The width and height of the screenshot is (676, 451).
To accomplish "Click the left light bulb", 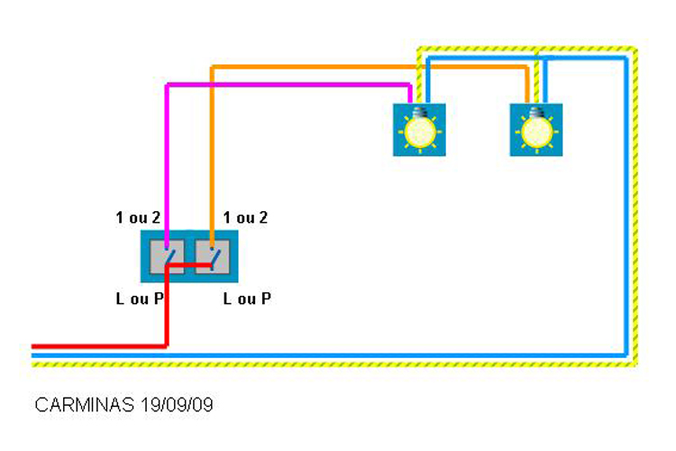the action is pos(419,130).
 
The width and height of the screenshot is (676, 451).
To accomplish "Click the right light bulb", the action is pos(536,130).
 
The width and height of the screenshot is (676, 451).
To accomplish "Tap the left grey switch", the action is pos(167,256).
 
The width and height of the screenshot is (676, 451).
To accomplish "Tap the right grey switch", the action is pos(212,256).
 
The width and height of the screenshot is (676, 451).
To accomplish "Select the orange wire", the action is pos(369,67).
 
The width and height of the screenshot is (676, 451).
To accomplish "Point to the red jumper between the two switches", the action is pos(189,265).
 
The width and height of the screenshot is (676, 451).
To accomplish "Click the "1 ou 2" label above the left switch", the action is pos(138,217).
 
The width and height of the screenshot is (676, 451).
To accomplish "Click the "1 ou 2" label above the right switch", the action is pos(245,217).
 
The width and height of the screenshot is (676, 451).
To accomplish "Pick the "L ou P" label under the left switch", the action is pos(140,299).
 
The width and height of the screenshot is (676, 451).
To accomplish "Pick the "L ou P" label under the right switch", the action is pos(247,299).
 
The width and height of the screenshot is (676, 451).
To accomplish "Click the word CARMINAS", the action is pos(85,405).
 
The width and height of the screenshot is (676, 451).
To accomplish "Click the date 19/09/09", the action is pos(177,405).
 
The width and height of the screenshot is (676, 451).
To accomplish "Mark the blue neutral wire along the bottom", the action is pos(328,355).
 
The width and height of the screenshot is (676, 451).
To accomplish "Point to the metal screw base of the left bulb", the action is pos(419,112).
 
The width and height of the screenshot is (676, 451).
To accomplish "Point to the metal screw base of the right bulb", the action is pos(536,112).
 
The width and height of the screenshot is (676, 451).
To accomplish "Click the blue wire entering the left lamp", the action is pos(427,80).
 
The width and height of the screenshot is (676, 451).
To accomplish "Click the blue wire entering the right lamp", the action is pos(545,80).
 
